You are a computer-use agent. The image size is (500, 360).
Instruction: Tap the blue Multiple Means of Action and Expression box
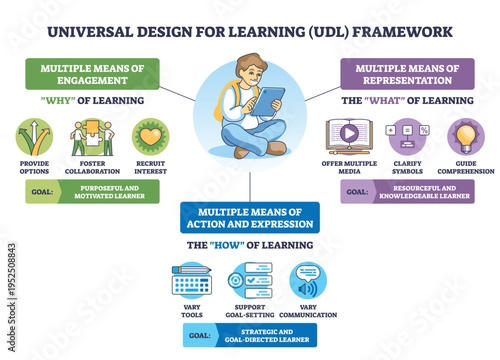[250, 218]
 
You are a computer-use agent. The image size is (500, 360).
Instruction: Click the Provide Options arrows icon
[35, 137]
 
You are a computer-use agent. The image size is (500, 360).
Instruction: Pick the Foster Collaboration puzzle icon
[92, 137]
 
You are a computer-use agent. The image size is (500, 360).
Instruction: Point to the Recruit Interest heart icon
[151, 137]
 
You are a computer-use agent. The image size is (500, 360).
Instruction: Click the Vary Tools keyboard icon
[191, 281]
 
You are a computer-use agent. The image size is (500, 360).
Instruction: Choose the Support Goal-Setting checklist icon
[249, 281]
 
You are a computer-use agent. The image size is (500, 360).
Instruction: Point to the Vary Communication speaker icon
[308, 281]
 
